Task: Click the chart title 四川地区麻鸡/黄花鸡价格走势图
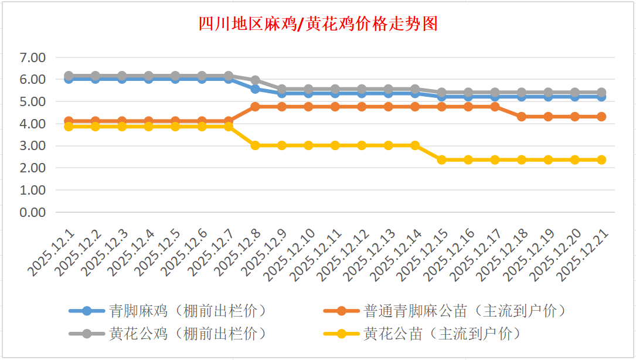pos(318,25)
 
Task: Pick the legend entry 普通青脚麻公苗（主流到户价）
pos(465,310)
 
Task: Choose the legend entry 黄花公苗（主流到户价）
pos(442,334)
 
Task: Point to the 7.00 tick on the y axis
pos(33,57)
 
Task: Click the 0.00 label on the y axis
pos(33,212)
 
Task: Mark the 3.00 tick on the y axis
pos(33,146)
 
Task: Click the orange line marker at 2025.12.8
pos(256,107)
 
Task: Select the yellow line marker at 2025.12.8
pos(256,145)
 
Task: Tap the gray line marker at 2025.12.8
pos(256,80)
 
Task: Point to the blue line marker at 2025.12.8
pos(256,89)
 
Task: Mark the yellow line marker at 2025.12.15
pos(442,159)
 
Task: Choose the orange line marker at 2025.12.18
pos(522,117)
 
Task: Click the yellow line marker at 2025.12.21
pos(601,159)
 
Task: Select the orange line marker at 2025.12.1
pos(69,121)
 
